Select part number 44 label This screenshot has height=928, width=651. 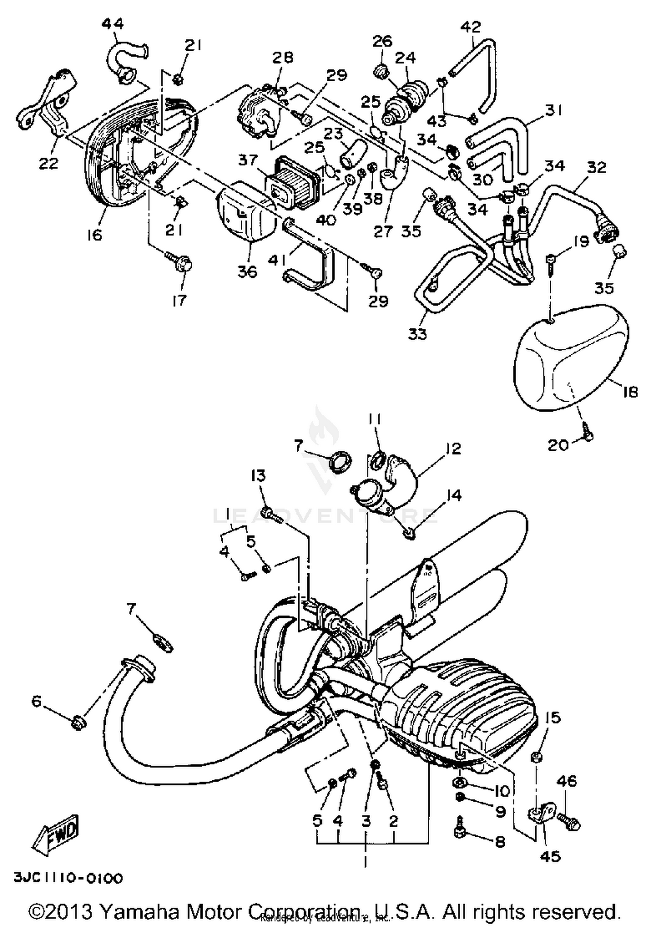point(112,23)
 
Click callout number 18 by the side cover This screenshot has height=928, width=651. point(629,392)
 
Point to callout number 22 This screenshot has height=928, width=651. point(48,164)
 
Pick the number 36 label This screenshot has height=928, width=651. point(247,272)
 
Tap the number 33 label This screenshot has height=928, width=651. point(417,334)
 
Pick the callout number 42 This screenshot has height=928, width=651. point(470,27)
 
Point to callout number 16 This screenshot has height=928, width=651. point(94,235)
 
